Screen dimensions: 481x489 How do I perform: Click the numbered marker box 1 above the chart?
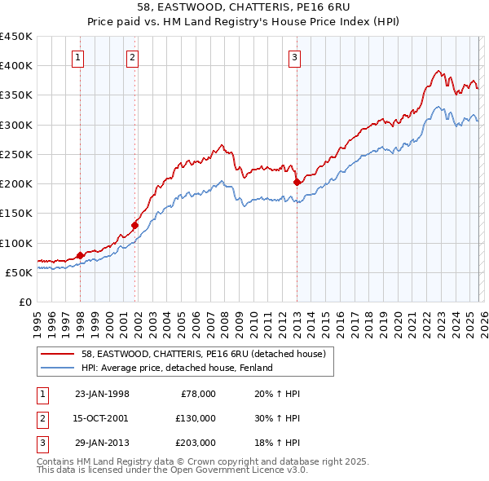[x=77, y=57]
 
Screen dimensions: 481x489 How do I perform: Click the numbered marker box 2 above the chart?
[x=132, y=57]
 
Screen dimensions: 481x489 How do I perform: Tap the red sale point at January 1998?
[x=80, y=255]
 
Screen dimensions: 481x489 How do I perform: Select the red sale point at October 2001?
[x=134, y=225]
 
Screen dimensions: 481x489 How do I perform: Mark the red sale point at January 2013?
[x=297, y=182]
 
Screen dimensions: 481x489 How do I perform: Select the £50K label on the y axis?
[x=19, y=272]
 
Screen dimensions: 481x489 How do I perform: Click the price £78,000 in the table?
[x=198, y=394]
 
